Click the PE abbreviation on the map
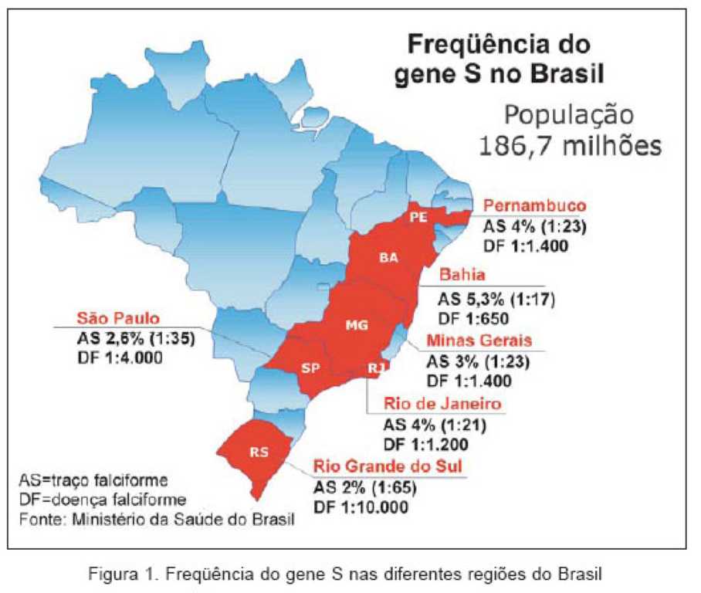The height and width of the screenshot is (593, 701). pyautogui.click(x=419, y=217)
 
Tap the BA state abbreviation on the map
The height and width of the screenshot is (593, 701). pyautogui.click(x=388, y=258)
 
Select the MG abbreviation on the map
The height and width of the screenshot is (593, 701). pyautogui.click(x=357, y=325)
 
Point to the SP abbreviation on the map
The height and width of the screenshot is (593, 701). pyautogui.click(x=310, y=368)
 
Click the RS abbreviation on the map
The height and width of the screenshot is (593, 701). pyautogui.click(x=259, y=452)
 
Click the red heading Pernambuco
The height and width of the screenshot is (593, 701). pyautogui.click(x=535, y=205)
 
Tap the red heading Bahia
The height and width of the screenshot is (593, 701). pyautogui.click(x=462, y=274)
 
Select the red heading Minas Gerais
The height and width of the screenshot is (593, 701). pyautogui.click(x=479, y=341)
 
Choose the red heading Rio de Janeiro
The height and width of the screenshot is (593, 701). pyautogui.click(x=442, y=404)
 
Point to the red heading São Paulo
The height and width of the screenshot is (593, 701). pyautogui.click(x=118, y=318)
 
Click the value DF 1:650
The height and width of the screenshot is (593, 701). pyautogui.click(x=473, y=319)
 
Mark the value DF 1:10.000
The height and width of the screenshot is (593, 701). pyautogui.click(x=361, y=507)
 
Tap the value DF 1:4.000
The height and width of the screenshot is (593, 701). pyautogui.click(x=120, y=357)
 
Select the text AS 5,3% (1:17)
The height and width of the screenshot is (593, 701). pyautogui.click(x=496, y=299)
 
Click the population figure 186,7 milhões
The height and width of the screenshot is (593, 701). pyautogui.click(x=570, y=146)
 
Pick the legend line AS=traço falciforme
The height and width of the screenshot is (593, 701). pyautogui.click(x=93, y=480)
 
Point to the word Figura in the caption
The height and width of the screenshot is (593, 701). pyautogui.click(x=113, y=574)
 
